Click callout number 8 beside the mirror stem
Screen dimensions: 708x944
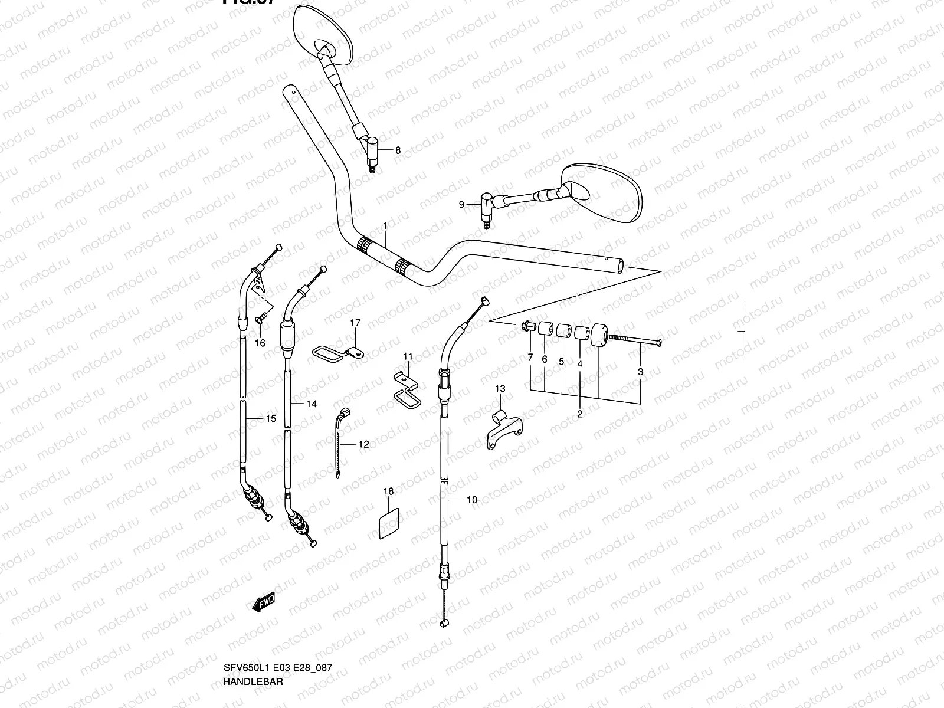click(398, 150)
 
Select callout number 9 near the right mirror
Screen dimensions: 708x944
click(462, 205)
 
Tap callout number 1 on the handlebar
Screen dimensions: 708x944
click(385, 226)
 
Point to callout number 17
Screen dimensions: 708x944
click(355, 323)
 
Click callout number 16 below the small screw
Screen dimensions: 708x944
click(260, 343)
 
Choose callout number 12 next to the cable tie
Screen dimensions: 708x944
click(363, 444)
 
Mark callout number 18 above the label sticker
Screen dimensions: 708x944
click(388, 491)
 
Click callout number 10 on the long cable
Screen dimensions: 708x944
click(471, 500)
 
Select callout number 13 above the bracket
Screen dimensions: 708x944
click(500, 388)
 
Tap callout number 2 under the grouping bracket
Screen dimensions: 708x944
click(579, 414)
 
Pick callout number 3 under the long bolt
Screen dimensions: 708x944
click(641, 372)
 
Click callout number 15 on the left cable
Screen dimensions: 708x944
click(271, 419)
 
